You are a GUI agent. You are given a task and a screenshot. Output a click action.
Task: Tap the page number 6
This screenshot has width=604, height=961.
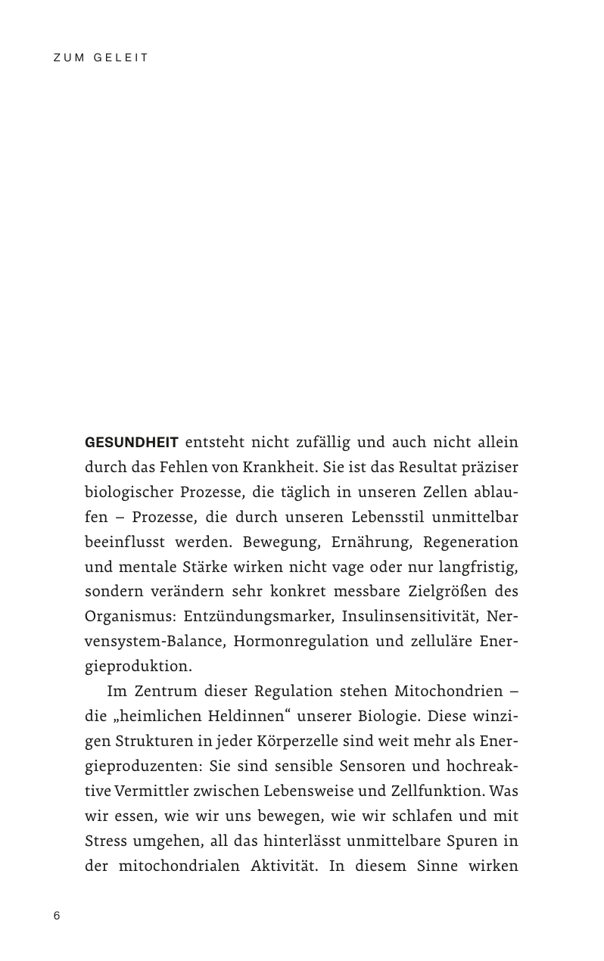(x=57, y=916)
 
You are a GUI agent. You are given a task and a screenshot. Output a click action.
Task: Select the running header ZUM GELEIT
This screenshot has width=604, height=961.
(x=101, y=58)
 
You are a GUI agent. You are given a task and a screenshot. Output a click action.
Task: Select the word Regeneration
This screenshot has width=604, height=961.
(x=470, y=542)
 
